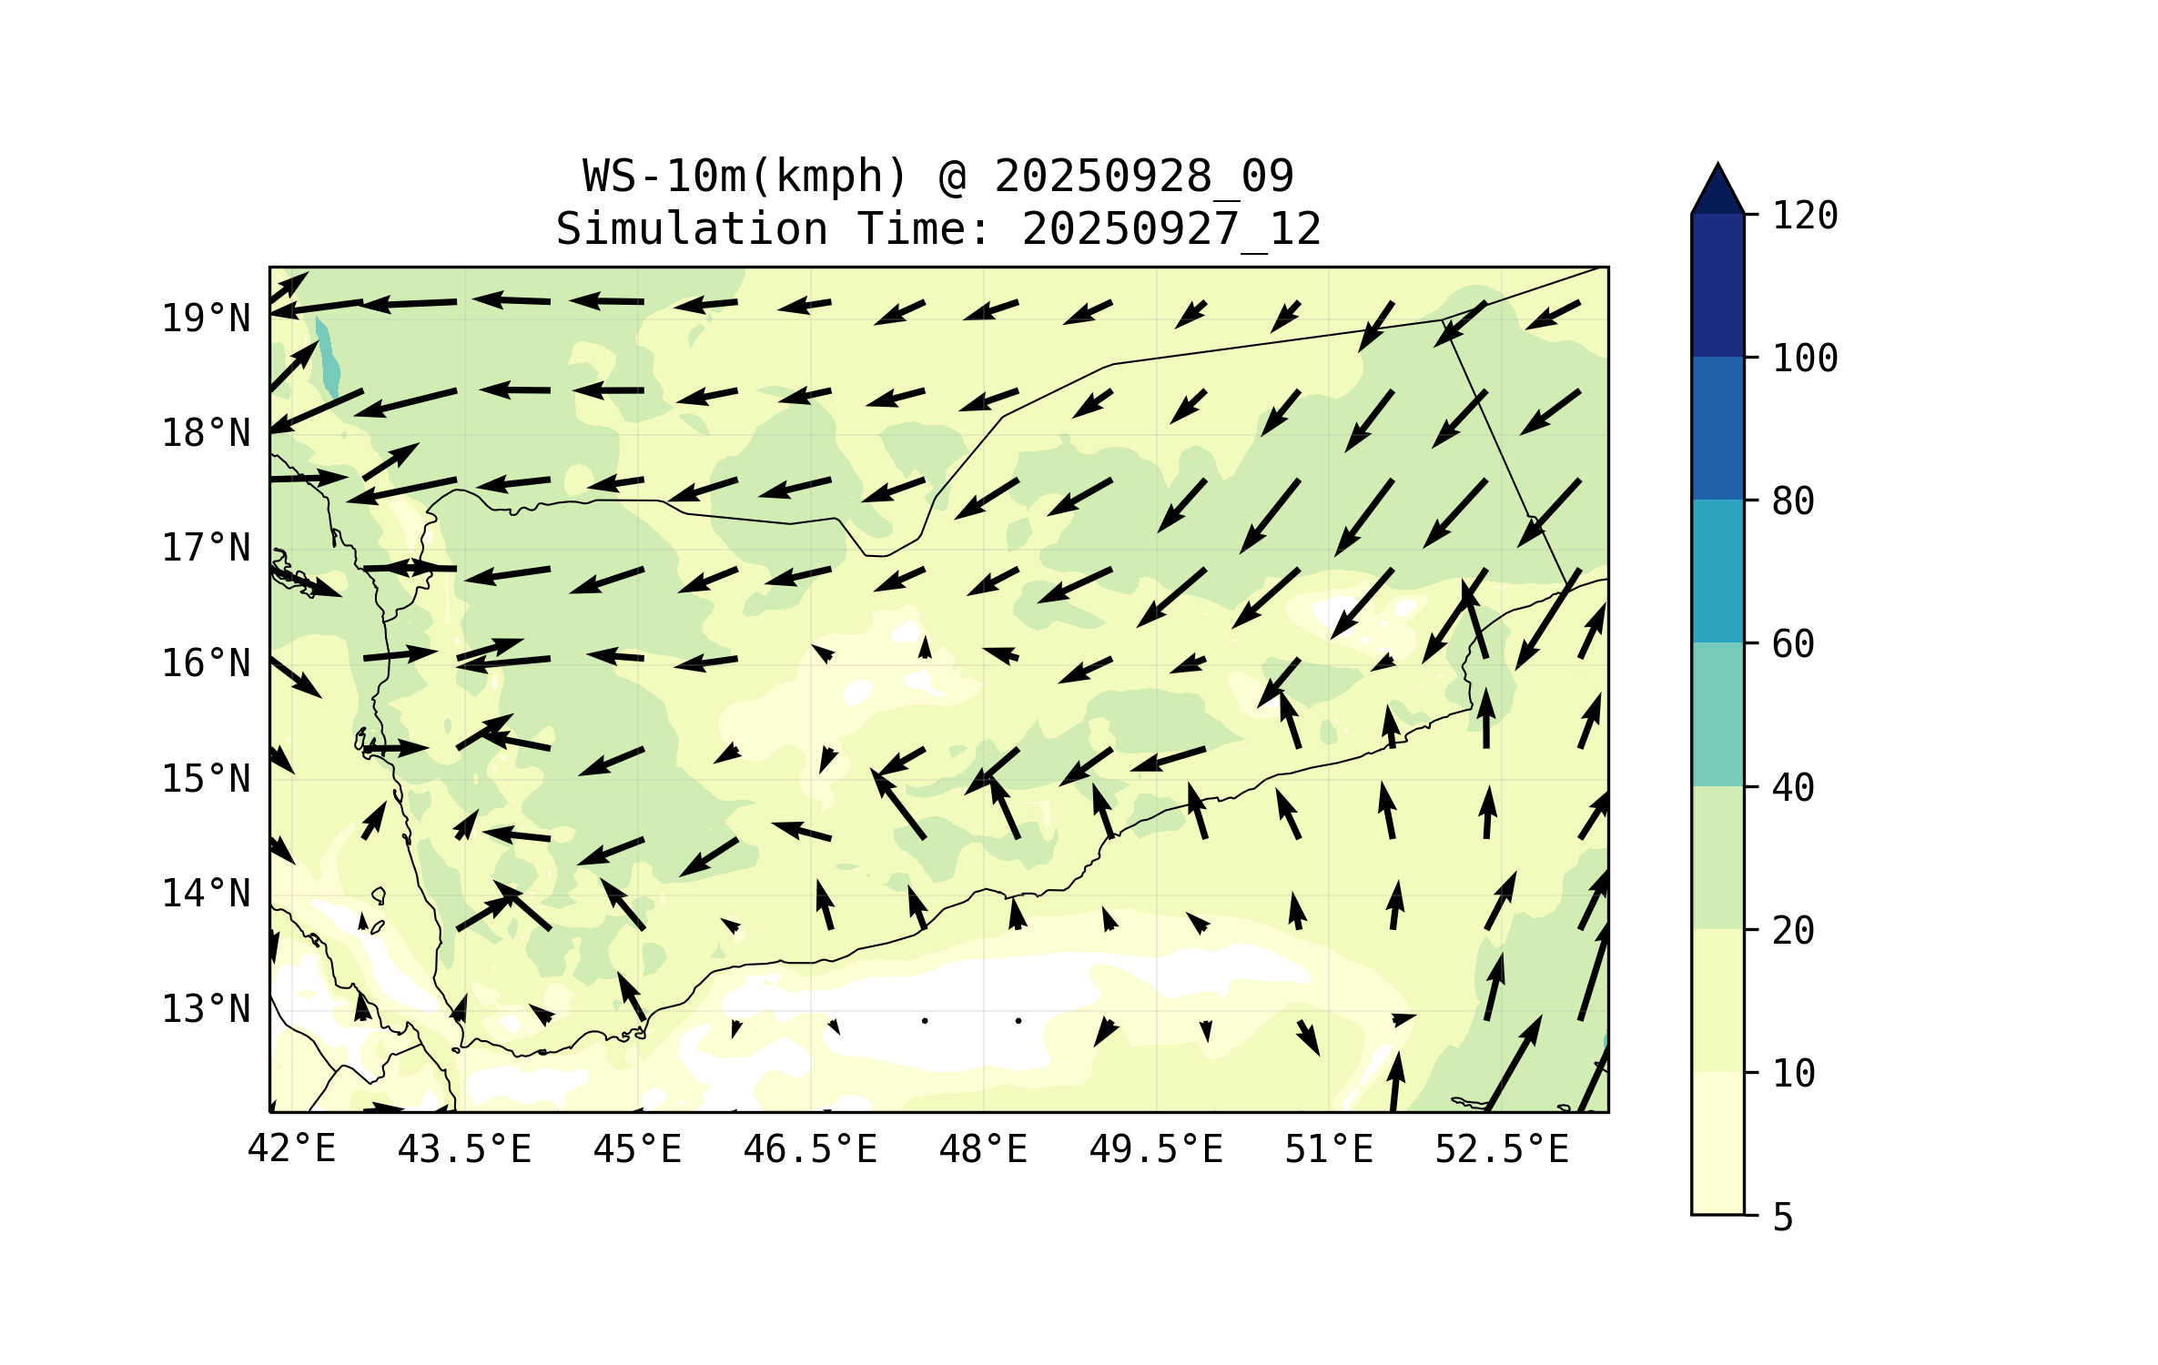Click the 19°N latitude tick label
click(206, 318)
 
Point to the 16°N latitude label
click(206, 664)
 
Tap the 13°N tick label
click(206, 1009)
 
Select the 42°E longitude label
click(291, 1149)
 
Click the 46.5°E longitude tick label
click(810, 1149)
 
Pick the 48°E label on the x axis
click(983, 1149)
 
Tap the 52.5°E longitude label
click(1502, 1149)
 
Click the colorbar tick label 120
click(1805, 216)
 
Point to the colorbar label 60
click(1793, 644)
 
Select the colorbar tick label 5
click(1783, 1217)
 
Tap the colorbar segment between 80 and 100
click(1717, 428)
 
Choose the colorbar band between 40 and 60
click(1717, 714)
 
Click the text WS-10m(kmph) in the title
click(745, 176)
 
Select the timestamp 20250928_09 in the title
click(1143, 176)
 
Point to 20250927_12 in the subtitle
click(1170, 228)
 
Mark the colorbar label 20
click(1793, 931)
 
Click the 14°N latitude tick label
click(206, 895)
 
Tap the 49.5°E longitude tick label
click(1156, 1149)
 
